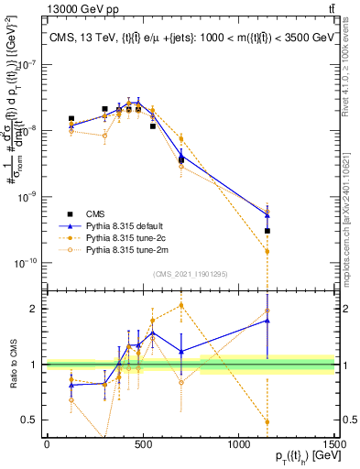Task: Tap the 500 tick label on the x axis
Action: click(x=142, y=445)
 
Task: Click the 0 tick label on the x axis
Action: click(x=47, y=445)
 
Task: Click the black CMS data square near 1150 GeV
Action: click(x=267, y=231)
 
